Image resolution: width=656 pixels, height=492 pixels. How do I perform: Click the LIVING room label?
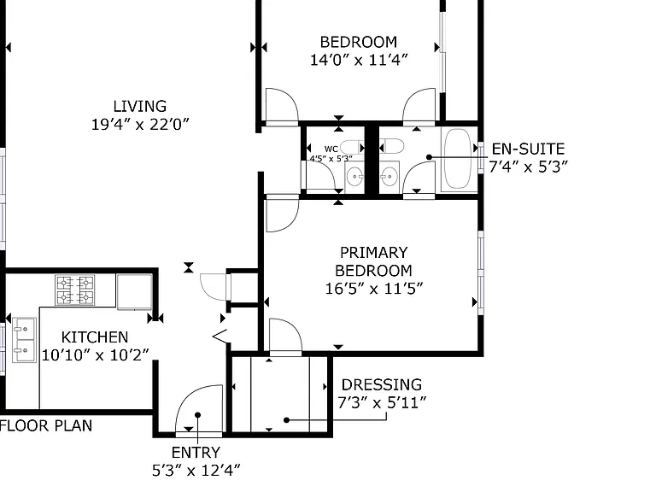140,106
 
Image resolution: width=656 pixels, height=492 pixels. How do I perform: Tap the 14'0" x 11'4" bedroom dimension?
359,60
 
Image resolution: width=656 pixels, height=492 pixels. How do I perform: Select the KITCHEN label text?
95,337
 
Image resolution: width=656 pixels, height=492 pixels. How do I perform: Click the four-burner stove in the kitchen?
75,290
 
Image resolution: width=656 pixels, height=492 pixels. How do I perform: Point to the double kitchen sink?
24,340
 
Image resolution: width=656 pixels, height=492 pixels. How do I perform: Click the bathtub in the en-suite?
458,159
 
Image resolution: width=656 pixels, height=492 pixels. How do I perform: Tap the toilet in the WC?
351,147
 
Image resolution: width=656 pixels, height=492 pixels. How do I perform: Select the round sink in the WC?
355,177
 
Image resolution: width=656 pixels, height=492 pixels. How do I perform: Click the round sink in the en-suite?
389,177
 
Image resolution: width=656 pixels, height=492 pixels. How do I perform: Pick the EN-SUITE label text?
528,149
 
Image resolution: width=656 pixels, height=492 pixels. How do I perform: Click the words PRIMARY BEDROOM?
373,261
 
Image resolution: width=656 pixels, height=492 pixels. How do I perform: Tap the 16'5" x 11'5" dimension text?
374,289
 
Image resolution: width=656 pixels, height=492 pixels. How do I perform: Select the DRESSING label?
382,385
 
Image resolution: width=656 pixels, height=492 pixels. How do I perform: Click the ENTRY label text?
196,453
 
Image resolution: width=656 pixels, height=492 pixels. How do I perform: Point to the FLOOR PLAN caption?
46,426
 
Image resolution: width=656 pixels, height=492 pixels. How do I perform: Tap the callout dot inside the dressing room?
287,420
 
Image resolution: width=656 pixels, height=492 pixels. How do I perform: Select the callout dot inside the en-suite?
430,157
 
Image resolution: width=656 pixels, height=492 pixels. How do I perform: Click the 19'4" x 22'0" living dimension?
140,124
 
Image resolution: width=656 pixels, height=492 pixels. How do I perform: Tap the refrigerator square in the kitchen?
134,292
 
